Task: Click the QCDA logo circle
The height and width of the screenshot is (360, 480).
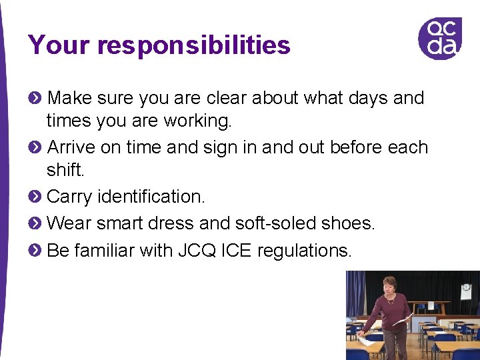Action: [439, 38]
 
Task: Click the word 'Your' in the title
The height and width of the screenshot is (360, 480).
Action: [59, 45]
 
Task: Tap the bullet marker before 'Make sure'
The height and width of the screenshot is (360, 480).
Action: [35, 98]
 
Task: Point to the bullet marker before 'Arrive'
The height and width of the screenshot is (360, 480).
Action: [35, 147]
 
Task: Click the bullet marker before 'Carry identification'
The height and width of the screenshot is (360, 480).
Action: [35, 196]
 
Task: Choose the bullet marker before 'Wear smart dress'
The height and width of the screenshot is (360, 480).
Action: [35, 223]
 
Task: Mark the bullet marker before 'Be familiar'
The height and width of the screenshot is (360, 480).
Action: [35, 251]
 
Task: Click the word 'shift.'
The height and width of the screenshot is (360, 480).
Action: [65, 171]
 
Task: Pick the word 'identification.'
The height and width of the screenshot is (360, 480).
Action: [151, 197]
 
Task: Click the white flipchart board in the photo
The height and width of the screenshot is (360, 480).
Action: [466, 292]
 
